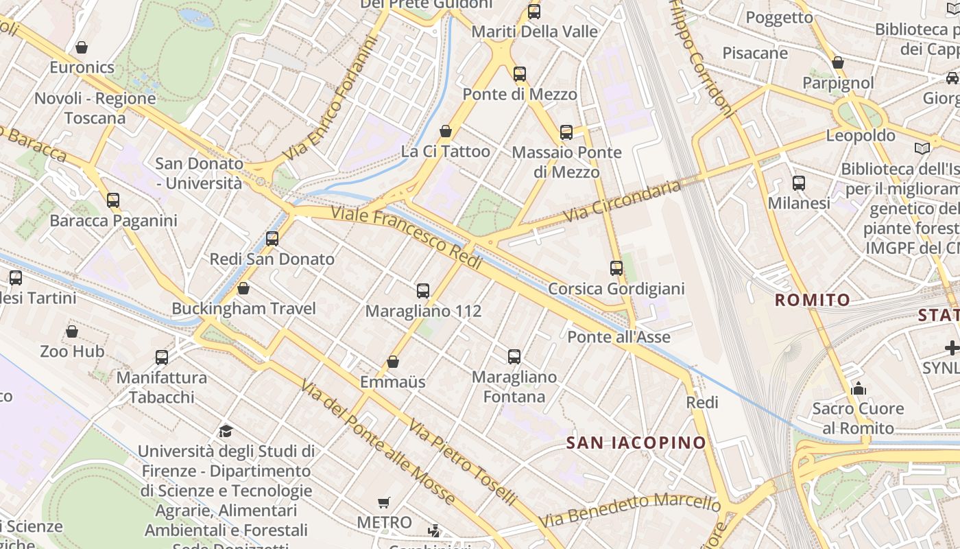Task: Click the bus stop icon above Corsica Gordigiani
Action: coord(616,268)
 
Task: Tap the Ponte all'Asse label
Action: coord(619,337)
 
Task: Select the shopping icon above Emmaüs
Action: coord(393,362)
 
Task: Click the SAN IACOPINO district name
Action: coord(636,443)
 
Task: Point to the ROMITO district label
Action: coord(813,300)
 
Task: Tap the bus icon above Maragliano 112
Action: coord(423,291)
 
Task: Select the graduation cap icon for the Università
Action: coord(226,431)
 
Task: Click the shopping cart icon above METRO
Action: coord(384,503)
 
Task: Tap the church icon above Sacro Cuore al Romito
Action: coord(859,389)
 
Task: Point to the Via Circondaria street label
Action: coord(623,200)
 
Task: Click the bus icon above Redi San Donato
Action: coord(272,239)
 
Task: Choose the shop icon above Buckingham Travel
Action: coord(243,288)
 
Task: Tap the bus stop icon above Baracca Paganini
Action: coord(113,200)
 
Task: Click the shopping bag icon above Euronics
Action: coord(82,47)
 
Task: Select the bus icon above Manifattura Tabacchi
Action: coord(162,358)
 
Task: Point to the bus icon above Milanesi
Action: coord(799,183)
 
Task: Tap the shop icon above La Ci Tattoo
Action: coord(446,131)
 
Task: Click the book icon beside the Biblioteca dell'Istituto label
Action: coord(923,148)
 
